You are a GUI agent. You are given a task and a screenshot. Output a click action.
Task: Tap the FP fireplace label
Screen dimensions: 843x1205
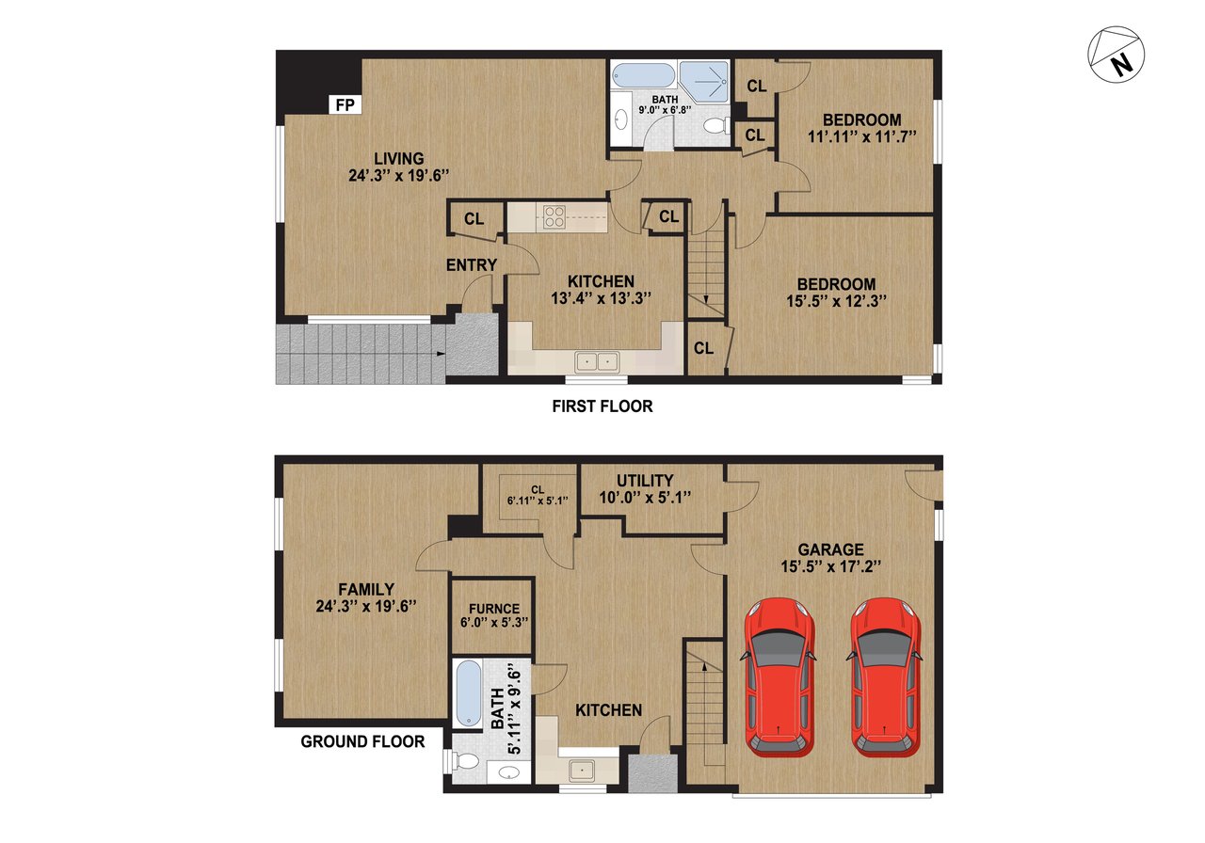pyautogui.click(x=345, y=105)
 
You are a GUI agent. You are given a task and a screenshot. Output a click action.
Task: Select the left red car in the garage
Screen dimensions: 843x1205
pyautogui.click(x=779, y=676)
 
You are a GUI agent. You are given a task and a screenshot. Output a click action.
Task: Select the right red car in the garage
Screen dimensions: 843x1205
pyautogui.click(x=885, y=676)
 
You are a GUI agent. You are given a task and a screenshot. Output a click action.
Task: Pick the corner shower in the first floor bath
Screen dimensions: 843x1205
pyautogui.click(x=703, y=82)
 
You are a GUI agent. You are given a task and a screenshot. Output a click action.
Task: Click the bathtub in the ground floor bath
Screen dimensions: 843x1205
pyautogui.click(x=466, y=693)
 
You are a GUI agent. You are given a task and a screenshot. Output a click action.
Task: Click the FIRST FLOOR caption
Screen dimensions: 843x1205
pyautogui.click(x=602, y=406)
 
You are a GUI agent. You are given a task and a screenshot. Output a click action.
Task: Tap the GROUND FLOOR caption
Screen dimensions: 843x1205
pyautogui.click(x=362, y=741)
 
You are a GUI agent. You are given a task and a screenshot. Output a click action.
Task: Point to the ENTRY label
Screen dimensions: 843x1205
pyautogui.click(x=471, y=265)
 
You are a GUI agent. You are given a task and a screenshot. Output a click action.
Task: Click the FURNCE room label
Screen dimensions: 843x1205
pyautogui.click(x=490, y=608)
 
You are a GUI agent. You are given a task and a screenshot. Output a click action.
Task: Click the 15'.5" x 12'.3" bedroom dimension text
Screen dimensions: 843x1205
pyautogui.click(x=836, y=302)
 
